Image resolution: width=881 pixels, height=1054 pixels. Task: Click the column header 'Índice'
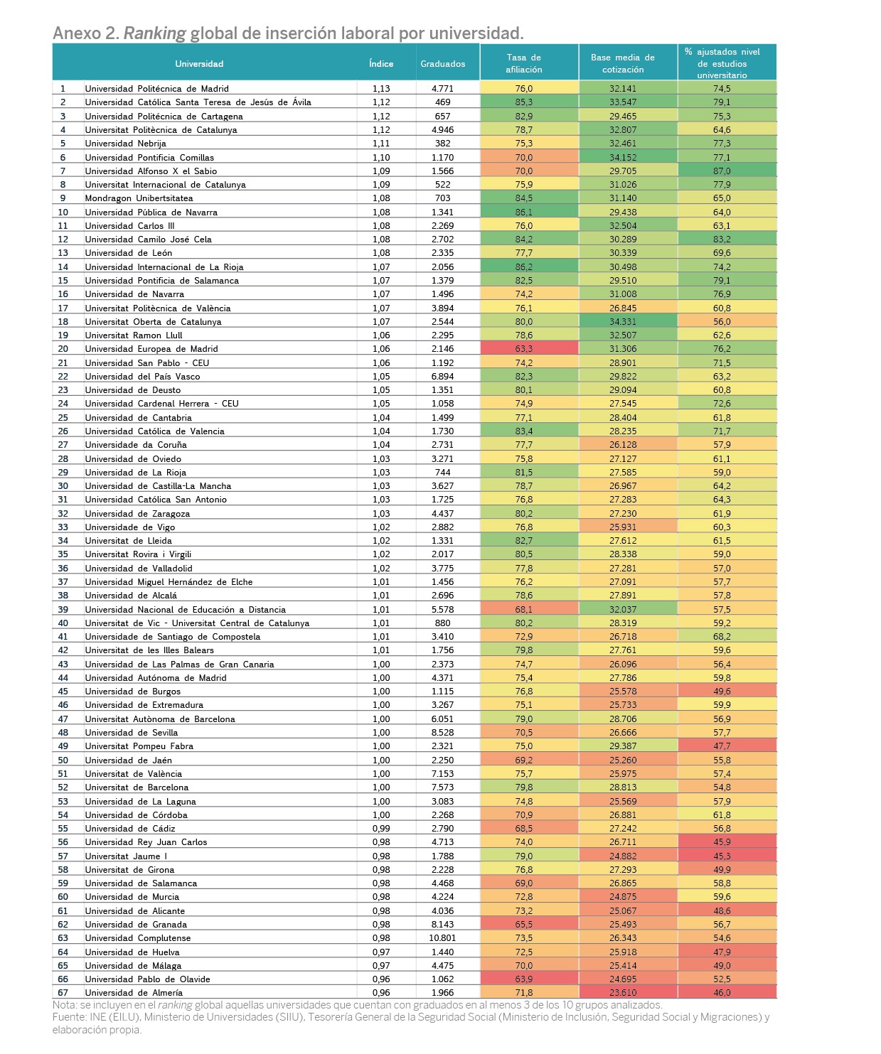click(x=381, y=63)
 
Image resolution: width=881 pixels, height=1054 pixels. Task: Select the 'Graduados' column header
click(x=442, y=63)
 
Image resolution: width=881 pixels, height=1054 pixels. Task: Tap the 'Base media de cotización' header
click(x=622, y=63)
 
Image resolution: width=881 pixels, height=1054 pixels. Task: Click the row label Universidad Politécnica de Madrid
click(x=156, y=88)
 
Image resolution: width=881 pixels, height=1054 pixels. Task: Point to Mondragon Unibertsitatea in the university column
click(x=139, y=198)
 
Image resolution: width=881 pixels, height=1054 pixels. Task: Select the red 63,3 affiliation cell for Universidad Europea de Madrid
click(x=524, y=348)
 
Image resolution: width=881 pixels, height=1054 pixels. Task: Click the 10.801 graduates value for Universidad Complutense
click(x=442, y=937)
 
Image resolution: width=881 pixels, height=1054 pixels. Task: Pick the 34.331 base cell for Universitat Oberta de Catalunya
click(x=622, y=321)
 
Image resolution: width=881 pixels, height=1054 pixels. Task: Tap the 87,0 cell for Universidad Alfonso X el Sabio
click(x=722, y=171)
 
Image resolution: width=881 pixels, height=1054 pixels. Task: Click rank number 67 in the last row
click(x=63, y=992)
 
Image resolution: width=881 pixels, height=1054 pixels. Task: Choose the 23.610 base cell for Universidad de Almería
click(x=622, y=992)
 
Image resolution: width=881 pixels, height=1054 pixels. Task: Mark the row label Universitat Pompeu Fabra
click(x=139, y=746)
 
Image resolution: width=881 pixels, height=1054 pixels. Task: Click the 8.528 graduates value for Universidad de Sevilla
click(x=442, y=732)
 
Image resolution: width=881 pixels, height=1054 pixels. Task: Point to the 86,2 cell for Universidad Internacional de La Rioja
click(x=524, y=267)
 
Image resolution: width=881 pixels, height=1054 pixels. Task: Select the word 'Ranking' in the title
click(x=154, y=33)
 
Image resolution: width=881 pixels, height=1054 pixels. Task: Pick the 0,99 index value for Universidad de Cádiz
click(x=381, y=828)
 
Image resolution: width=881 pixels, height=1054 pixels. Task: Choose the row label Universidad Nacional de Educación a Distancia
click(x=186, y=609)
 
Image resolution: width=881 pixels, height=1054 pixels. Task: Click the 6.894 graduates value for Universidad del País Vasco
click(x=442, y=376)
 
